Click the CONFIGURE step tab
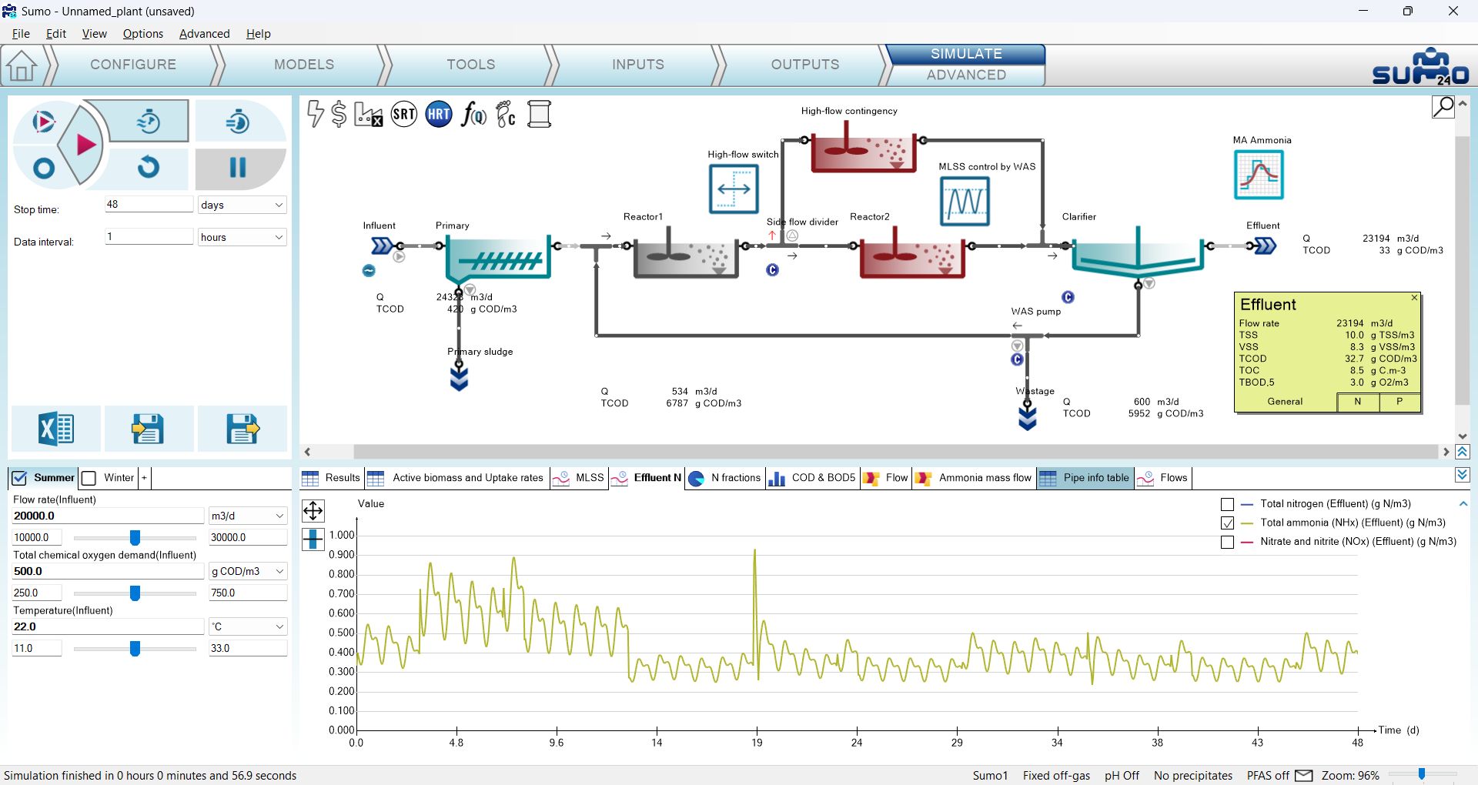click(x=133, y=65)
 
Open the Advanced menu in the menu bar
click(x=204, y=34)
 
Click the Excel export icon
click(x=56, y=429)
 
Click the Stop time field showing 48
click(x=149, y=205)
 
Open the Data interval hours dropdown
click(x=242, y=237)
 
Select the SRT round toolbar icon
click(x=404, y=115)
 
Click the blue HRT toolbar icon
click(x=439, y=115)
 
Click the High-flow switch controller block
click(x=734, y=189)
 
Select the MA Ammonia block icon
click(x=1259, y=175)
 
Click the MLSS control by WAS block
click(x=965, y=201)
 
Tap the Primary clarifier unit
click(x=498, y=259)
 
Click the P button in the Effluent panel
click(x=1399, y=402)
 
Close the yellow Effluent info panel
click(x=1414, y=298)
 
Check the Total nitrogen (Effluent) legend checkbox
click(x=1228, y=505)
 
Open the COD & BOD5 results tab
click(x=812, y=478)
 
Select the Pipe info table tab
click(x=1085, y=478)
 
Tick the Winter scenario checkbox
click(x=89, y=479)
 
